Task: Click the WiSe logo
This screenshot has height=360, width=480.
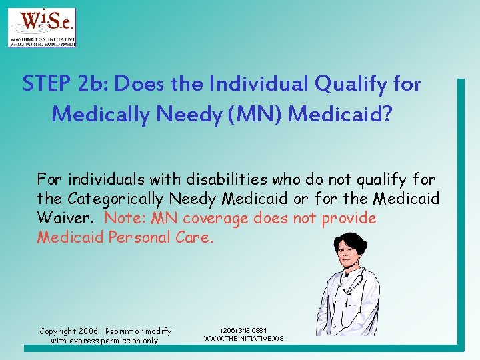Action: tap(41, 27)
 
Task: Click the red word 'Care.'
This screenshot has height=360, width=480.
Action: tap(195, 238)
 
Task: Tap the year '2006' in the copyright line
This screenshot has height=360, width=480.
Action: tap(87, 331)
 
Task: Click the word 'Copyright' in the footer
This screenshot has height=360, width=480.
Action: tap(58, 331)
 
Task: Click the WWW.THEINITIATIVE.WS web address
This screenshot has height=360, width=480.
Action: tap(243, 339)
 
